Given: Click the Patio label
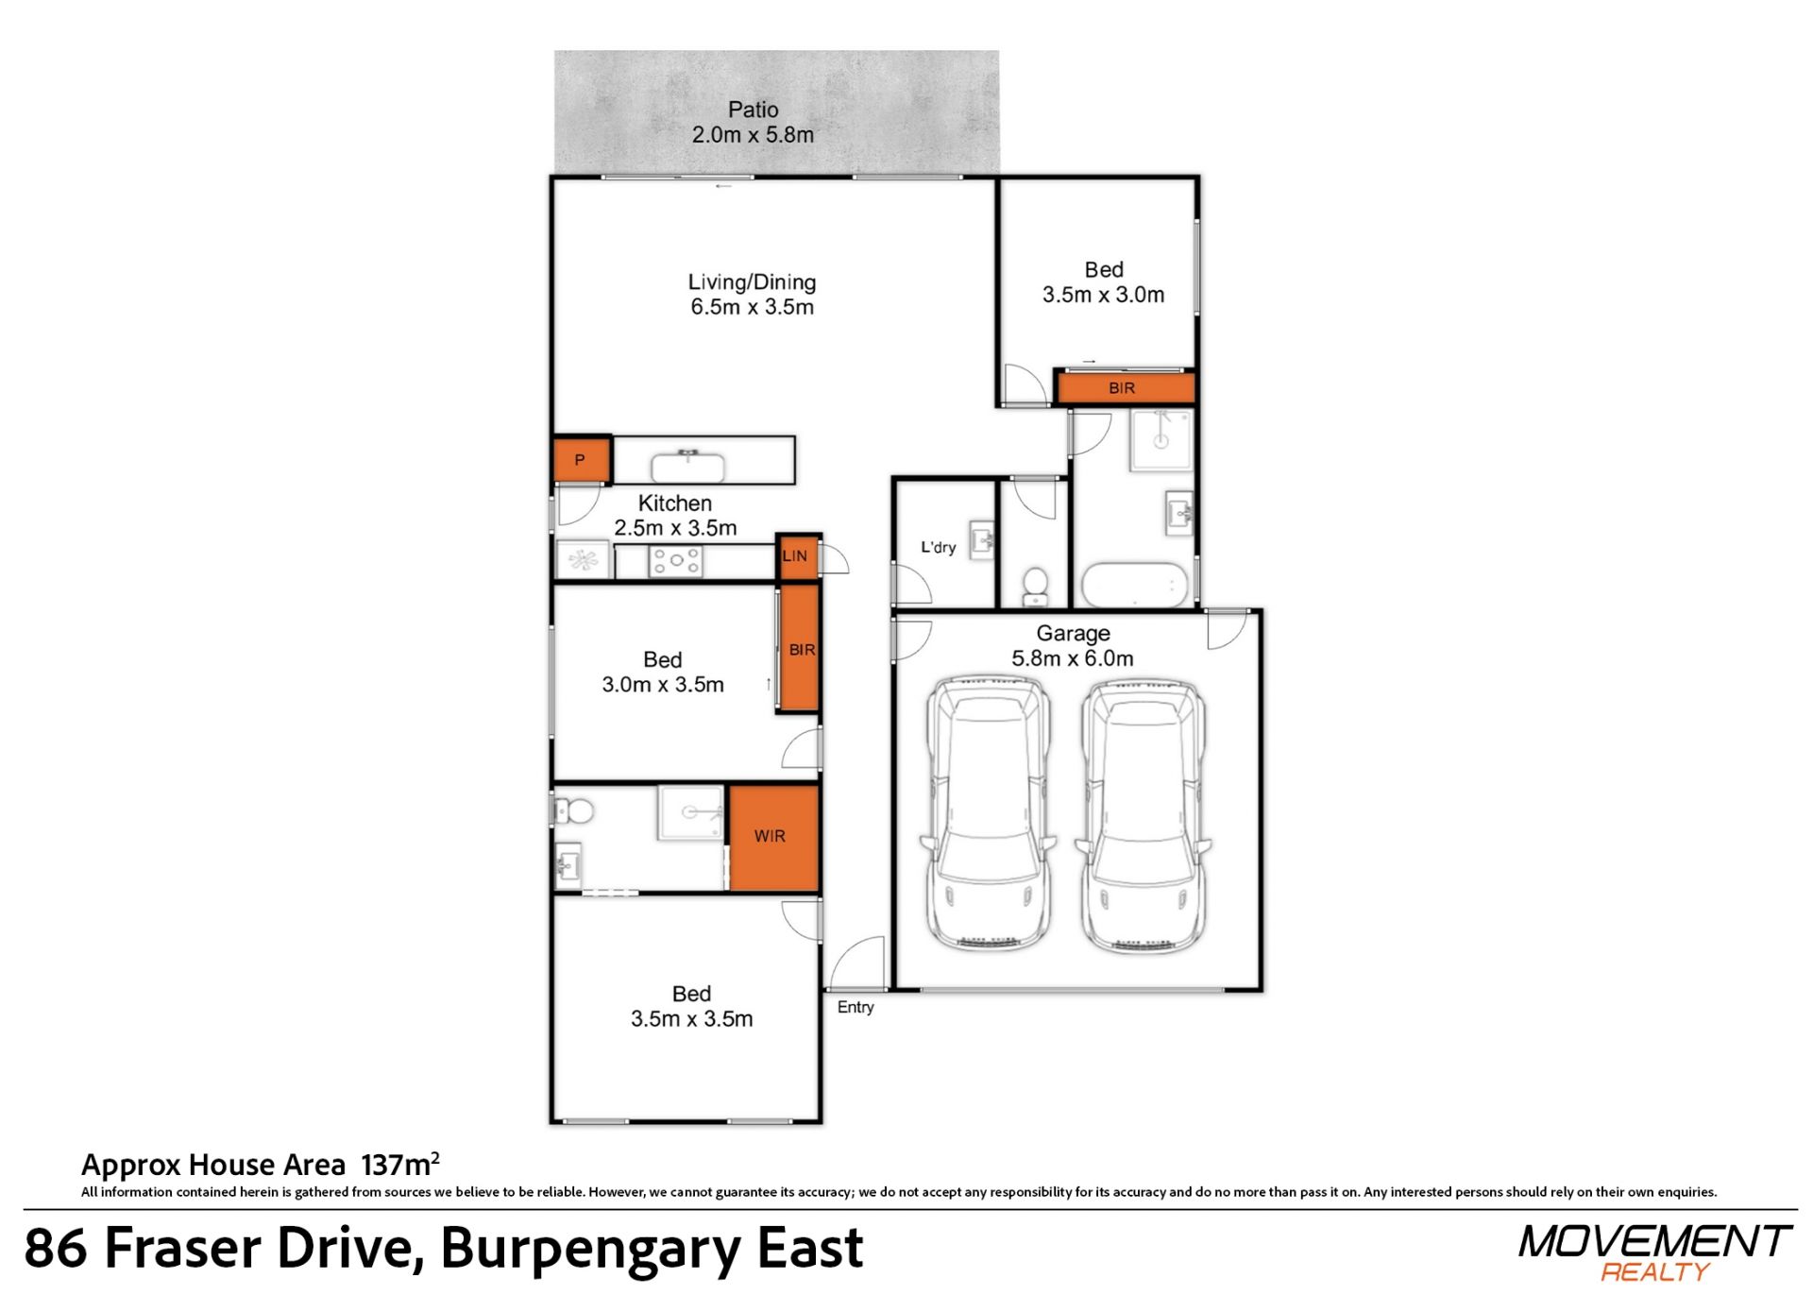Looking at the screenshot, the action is click(x=753, y=110).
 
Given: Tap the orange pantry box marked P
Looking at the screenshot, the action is click(x=581, y=460).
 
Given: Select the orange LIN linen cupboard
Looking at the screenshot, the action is click(x=796, y=556).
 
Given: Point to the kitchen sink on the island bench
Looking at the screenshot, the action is click(x=688, y=467).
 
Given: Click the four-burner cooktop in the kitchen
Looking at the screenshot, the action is click(x=675, y=562).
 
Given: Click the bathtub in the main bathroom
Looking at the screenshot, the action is click(x=1133, y=585).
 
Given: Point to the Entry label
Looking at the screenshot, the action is click(x=856, y=1007).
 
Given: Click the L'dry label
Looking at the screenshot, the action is click(x=939, y=547).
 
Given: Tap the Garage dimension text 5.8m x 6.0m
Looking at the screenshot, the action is click(x=1073, y=658).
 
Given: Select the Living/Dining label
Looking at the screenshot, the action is click(x=752, y=281).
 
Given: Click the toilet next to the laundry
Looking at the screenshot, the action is click(x=1036, y=586).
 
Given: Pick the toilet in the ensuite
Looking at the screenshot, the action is click(x=573, y=810).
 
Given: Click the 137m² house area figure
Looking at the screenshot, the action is click(x=400, y=1164).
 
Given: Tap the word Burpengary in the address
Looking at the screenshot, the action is click(x=591, y=1248).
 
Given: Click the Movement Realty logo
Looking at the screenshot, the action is click(x=1655, y=1252).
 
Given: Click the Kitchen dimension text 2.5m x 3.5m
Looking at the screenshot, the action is click(x=675, y=528).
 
